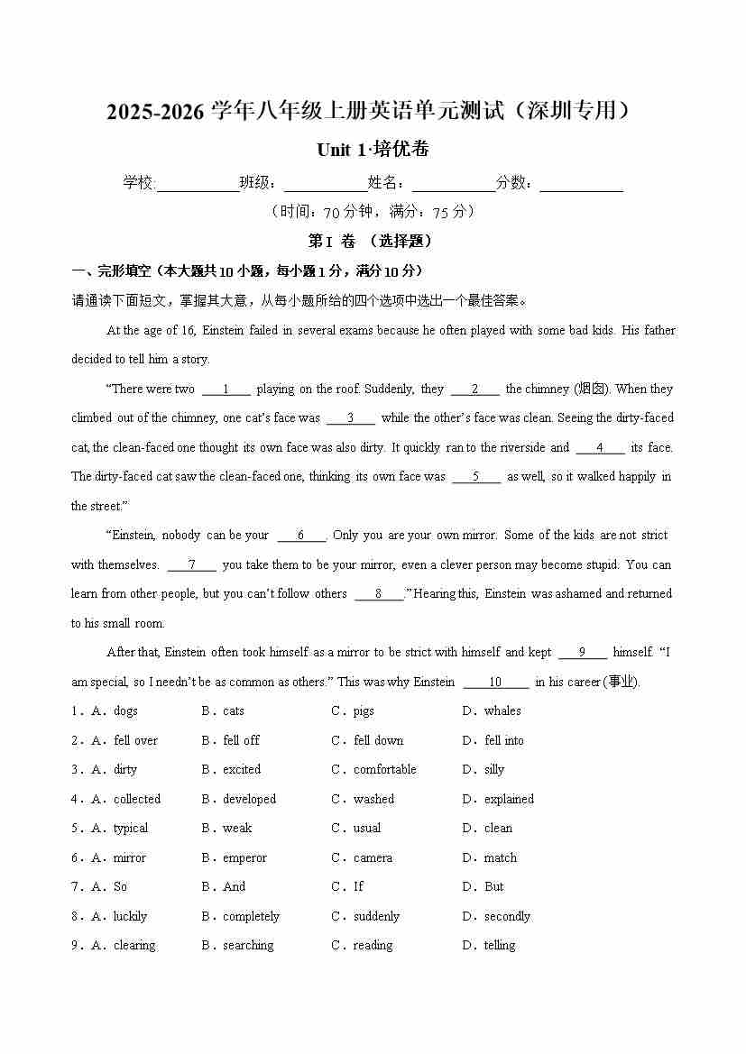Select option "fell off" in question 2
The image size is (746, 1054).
(241, 740)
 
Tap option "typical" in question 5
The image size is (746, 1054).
(131, 829)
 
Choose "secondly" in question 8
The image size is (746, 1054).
(507, 916)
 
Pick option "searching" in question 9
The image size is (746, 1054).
(248, 946)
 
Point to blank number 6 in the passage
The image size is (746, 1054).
(300, 536)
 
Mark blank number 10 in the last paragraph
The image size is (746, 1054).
(495, 683)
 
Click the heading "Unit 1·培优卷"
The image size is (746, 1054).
(373, 150)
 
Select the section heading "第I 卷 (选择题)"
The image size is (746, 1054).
(371, 242)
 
